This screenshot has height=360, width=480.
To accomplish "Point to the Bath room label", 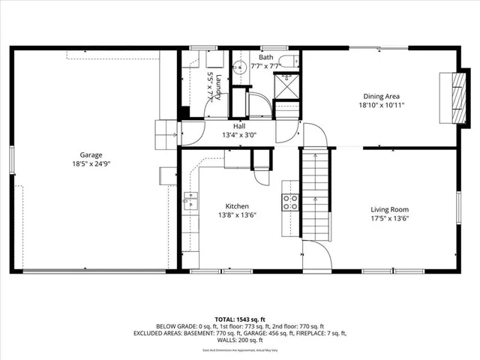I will pos(266,57).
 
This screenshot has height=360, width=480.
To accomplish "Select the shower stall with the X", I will pos(286,87).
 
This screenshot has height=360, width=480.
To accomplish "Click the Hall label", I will pos(239,126).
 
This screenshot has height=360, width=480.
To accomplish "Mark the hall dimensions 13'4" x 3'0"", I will pos(239,135).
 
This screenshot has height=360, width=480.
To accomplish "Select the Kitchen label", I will pos(238,206).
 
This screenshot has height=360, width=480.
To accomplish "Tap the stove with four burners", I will pos(290,201).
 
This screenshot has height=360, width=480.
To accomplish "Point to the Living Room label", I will pos(390,209).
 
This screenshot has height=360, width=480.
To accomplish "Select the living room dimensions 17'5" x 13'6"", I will pos(390,218).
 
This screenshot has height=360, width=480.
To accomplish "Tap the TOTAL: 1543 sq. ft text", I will pos(240,319).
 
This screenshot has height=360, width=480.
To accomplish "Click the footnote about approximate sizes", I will pos(240,350).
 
